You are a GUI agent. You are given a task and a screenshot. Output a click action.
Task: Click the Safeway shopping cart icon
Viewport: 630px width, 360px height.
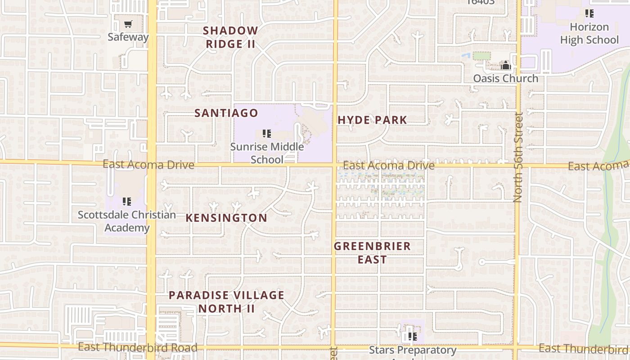129,24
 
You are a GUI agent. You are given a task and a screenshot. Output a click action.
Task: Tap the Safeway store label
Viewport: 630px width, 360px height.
128,37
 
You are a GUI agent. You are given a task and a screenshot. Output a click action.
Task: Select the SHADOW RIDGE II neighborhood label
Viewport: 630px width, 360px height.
230,37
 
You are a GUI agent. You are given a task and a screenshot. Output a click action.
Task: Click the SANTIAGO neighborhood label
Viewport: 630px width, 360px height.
226,113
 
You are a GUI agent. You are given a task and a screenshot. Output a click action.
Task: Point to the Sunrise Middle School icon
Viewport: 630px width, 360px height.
267,134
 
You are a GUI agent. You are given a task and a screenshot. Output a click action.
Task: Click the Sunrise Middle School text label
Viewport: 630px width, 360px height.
267,153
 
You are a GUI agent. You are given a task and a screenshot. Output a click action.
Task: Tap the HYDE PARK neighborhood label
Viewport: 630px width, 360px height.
372,120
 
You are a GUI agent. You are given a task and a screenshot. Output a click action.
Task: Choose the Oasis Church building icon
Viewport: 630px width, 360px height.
506,66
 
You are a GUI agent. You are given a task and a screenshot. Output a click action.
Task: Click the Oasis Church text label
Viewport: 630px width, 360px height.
505,78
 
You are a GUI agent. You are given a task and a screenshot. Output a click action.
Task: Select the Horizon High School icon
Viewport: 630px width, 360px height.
589,13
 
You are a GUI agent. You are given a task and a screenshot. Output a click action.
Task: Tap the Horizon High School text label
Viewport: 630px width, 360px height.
589,33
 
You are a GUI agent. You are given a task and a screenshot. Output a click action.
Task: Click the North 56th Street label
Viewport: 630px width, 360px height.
518,157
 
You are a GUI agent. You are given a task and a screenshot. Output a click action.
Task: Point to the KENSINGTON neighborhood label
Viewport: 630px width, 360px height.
226,218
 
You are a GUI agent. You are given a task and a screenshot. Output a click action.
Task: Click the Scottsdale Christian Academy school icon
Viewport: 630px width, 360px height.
127,201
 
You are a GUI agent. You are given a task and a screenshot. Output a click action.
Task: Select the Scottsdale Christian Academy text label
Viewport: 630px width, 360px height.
127,221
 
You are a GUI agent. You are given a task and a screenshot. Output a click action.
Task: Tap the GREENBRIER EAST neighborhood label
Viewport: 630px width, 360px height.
372,253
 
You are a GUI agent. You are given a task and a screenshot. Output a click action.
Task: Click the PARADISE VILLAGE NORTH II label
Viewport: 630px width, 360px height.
226,302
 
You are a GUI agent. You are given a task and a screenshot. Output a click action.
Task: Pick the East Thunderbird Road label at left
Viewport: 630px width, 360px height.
137,347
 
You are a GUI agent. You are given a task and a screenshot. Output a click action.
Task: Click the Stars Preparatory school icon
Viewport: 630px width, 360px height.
412,336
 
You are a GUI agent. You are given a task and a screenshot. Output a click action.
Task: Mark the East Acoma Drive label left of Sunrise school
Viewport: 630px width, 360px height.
148,165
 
